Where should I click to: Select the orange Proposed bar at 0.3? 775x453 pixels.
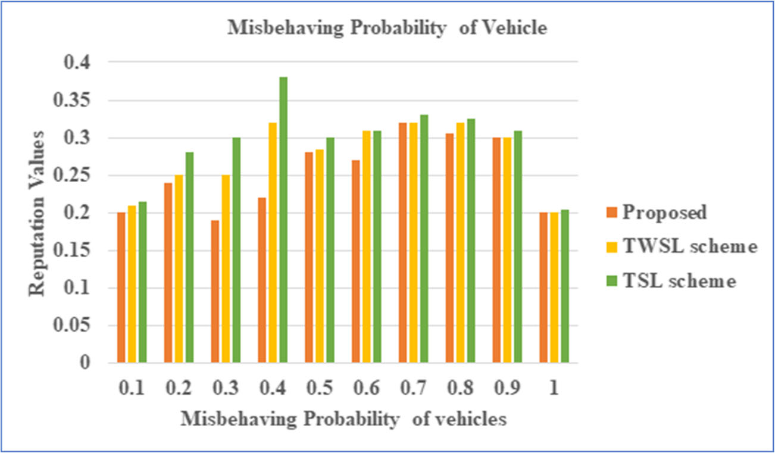215,292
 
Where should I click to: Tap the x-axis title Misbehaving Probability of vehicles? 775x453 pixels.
343,419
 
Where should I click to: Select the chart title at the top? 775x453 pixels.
387,29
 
